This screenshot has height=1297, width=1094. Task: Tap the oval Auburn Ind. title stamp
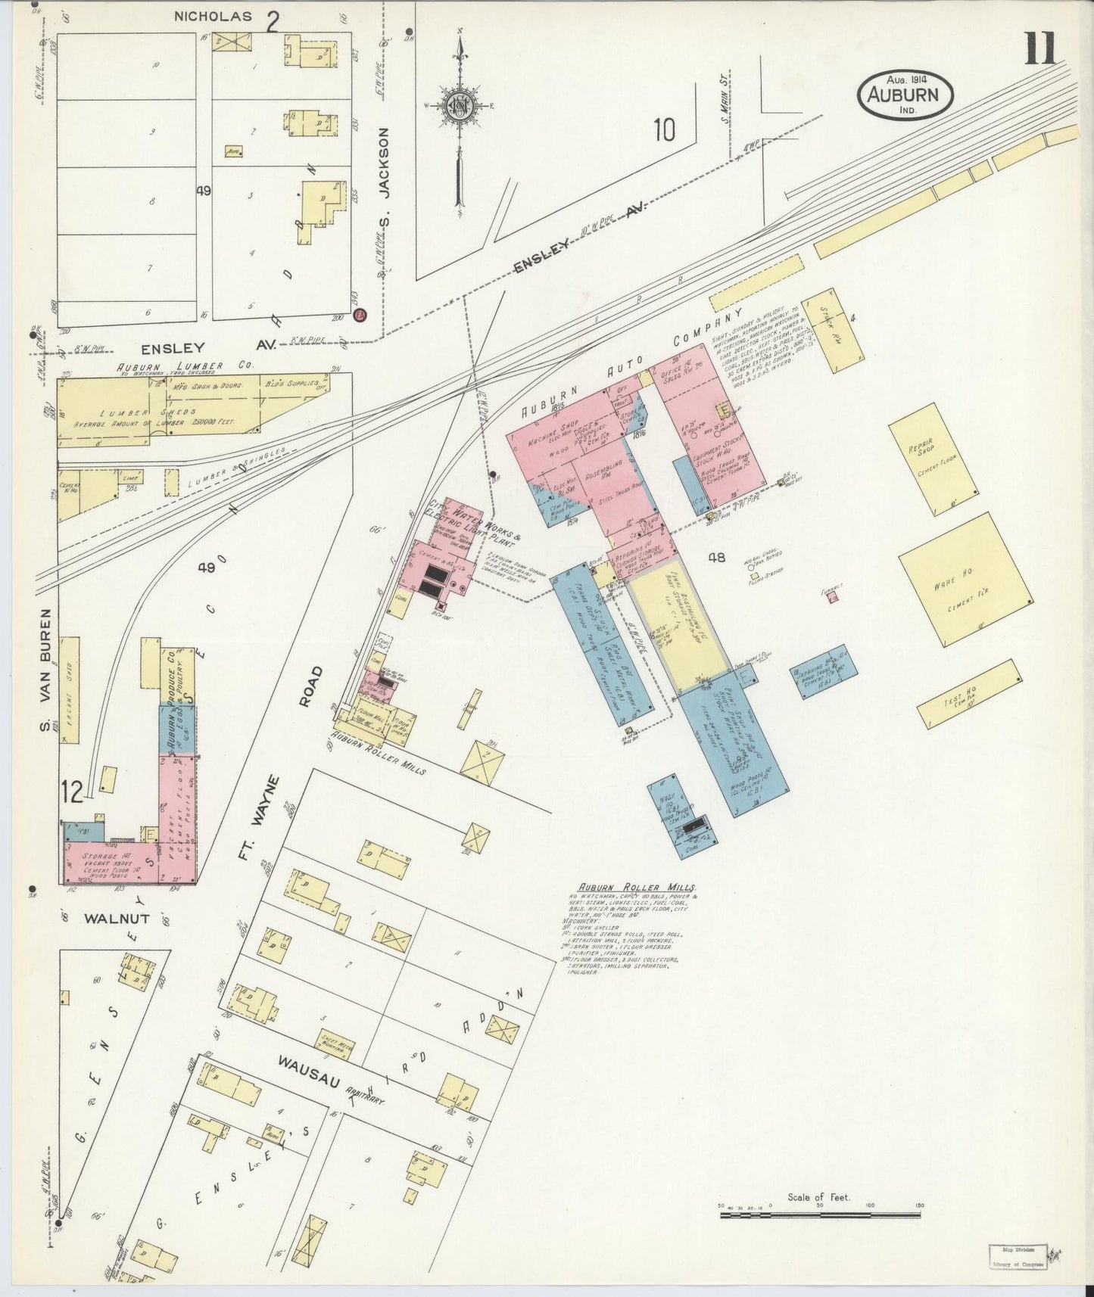pyautogui.click(x=905, y=95)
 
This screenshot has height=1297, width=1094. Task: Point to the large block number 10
pyautogui.click(x=664, y=130)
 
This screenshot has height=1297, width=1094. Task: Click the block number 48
pyautogui.click(x=717, y=558)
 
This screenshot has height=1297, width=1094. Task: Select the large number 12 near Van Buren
pyautogui.click(x=73, y=792)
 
